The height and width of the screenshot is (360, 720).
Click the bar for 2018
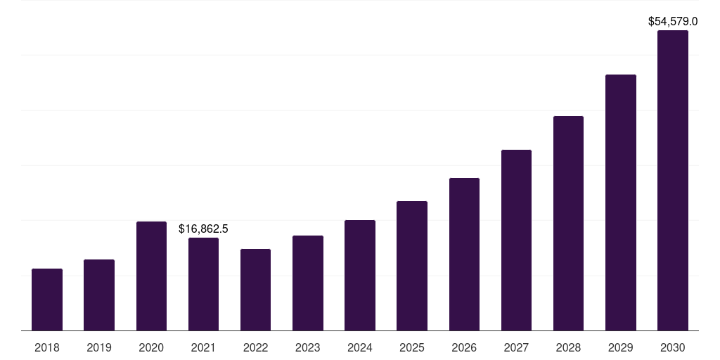point(47,300)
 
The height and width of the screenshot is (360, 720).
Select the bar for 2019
point(99,295)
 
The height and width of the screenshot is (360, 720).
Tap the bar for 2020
point(151,276)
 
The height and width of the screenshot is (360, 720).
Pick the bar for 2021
point(203,284)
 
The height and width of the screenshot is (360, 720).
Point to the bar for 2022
point(255,290)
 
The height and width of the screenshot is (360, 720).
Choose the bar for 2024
point(360,276)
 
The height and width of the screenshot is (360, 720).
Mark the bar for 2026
point(464,255)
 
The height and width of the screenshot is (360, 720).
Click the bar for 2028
point(568,224)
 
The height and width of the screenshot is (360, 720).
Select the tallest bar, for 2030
point(672,181)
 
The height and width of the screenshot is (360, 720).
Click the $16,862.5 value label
point(203,229)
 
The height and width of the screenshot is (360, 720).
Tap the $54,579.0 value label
point(672,22)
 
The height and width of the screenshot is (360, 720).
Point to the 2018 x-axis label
point(47,347)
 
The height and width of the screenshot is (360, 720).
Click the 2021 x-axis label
point(203,347)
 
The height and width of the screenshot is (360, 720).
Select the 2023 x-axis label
point(307,347)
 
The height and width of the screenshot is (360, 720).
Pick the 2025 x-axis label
point(412,347)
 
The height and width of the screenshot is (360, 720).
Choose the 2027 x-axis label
point(516,347)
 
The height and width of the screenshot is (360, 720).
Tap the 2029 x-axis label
point(620,347)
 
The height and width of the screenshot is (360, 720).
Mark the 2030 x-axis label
point(672,347)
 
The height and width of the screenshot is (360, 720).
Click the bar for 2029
point(620,202)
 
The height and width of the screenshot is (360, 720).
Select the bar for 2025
point(412,266)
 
